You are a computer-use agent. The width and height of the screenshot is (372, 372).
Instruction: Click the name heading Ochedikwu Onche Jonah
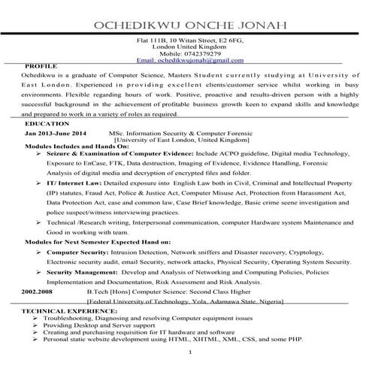tap(186, 25)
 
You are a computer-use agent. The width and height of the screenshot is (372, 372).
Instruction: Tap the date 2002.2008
tap(38, 289)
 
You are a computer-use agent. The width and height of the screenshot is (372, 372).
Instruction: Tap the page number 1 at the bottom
tap(192, 351)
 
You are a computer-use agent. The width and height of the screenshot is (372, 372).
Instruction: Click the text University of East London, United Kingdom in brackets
tap(183, 140)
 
